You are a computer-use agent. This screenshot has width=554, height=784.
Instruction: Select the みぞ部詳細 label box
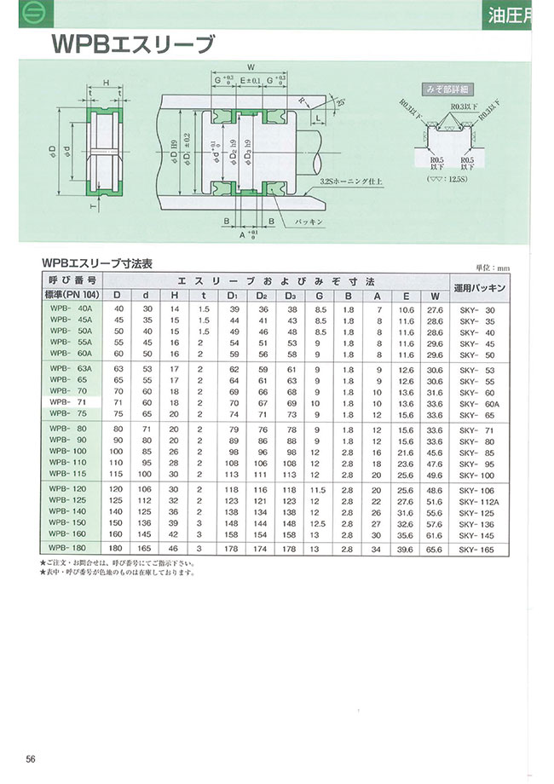point(447,88)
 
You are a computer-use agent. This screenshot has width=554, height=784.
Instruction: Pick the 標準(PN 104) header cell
point(71,295)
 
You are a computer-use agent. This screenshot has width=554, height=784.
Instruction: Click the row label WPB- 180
point(71,550)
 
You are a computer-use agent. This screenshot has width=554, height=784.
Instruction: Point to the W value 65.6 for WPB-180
point(436,550)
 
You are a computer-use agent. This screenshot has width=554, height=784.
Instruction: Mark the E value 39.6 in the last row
point(406,550)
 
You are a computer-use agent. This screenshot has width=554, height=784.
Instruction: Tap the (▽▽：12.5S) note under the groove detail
point(446,179)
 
